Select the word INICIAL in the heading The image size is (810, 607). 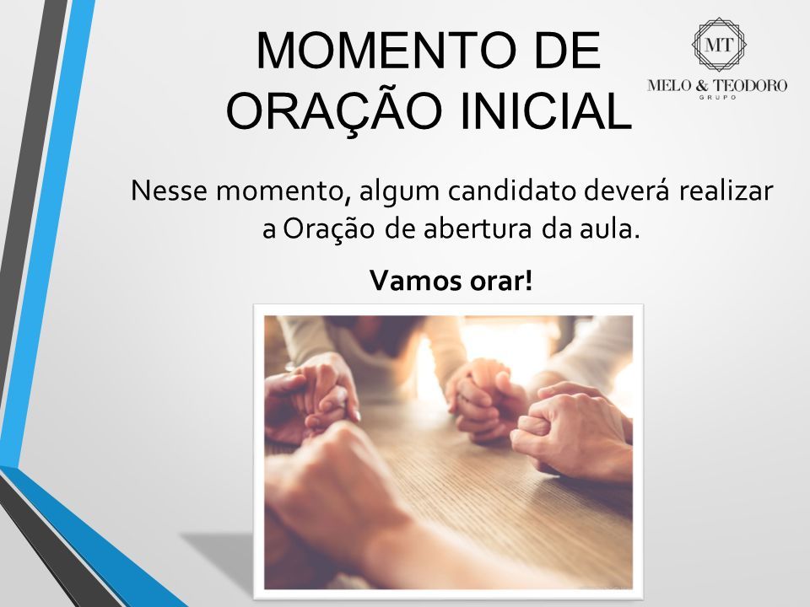coord(546,110)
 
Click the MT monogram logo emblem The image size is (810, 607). coord(719,45)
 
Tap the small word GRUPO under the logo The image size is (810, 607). coord(718,97)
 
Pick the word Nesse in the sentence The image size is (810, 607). coord(169,191)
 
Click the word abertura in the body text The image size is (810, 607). coord(478,229)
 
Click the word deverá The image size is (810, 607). coord(627,191)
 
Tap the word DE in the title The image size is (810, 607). coord(567,51)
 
